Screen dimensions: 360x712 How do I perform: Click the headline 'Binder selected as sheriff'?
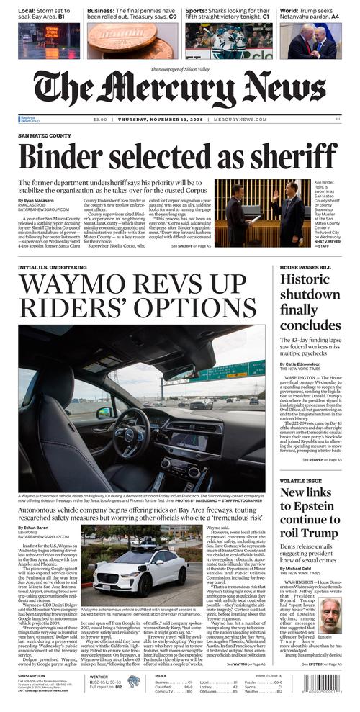point(177,156)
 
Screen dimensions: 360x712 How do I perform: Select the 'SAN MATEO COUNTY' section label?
point(45,135)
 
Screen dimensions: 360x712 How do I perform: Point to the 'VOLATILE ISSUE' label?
point(300,479)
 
